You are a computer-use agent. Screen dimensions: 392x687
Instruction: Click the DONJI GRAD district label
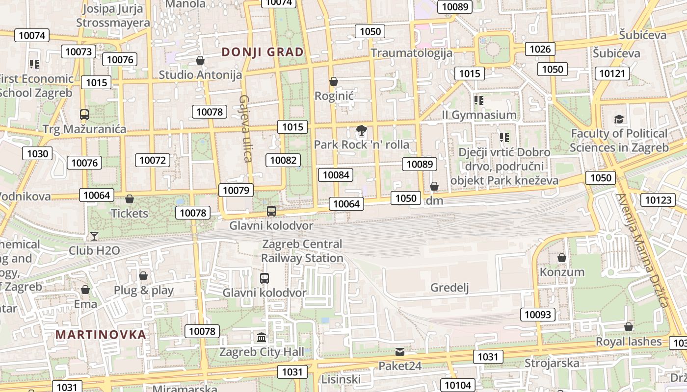(263, 52)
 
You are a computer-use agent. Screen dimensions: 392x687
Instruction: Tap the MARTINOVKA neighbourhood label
(101, 335)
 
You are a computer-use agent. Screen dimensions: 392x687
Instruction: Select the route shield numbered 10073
(79, 51)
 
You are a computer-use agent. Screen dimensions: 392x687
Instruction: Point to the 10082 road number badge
(283, 160)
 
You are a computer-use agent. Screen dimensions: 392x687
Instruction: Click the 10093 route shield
(538, 315)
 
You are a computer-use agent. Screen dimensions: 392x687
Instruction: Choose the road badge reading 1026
(540, 49)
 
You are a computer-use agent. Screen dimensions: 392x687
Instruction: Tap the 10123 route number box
(658, 200)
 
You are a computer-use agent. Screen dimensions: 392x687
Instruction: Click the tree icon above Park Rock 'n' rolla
(362, 131)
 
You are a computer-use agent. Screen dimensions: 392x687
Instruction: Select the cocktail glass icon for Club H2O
(94, 236)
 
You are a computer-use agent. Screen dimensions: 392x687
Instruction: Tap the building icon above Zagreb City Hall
(262, 338)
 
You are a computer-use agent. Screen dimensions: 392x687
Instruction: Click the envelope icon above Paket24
(400, 352)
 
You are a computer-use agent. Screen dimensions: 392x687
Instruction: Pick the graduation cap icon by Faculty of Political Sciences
(619, 120)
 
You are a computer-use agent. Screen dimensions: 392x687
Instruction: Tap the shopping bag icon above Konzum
(562, 258)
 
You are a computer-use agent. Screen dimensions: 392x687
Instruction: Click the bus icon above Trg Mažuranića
(84, 115)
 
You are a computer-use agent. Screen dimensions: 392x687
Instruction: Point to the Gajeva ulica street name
(245, 128)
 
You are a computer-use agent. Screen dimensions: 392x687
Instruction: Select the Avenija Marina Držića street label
(643, 250)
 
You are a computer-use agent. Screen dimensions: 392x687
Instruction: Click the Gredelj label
(449, 288)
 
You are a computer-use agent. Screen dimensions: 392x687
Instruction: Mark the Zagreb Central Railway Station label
(302, 251)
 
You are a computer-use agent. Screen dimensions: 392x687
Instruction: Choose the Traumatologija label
(411, 52)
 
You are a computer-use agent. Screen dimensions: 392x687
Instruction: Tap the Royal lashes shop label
(629, 342)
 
